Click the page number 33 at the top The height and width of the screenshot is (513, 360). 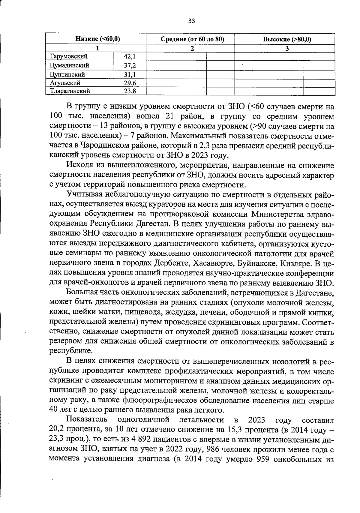pyautogui.click(x=191, y=21)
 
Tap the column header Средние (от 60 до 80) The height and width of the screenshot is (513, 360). pyautogui.click(x=193, y=39)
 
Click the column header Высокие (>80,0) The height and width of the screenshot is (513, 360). pyautogui.click(x=287, y=39)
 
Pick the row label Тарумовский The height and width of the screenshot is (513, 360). pyautogui.click(x=69, y=56)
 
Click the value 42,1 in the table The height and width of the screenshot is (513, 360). pyautogui.click(x=130, y=56)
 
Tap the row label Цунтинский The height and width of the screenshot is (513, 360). pyautogui.click(x=67, y=74)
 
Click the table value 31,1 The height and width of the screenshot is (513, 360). pyautogui.click(x=130, y=74)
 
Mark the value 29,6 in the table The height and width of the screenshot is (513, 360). pyautogui.click(x=130, y=83)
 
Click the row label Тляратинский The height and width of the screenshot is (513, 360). pyautogui.click(x=70, y=91)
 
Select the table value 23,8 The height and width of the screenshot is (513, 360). pyautogui.click(x=130, y=91)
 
